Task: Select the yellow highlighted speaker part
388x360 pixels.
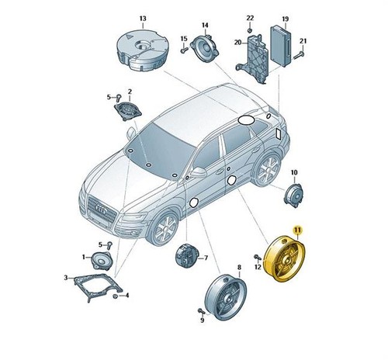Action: click(284, 258)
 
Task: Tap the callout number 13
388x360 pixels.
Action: click(143, 19)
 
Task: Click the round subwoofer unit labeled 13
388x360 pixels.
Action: click(142, 50)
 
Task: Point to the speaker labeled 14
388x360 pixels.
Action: click(206, 48)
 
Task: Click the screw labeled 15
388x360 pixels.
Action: click(183, 50)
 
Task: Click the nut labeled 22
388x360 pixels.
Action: click(250, 30)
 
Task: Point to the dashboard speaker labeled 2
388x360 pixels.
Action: click(127, 111)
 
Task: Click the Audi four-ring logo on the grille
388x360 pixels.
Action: click(102, 209)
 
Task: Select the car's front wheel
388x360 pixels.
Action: click(164, 227)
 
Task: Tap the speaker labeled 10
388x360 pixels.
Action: click(294, 196)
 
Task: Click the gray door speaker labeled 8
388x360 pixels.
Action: click(226, 297)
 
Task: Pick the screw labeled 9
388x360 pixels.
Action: click(201, 311)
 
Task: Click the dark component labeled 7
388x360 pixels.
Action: click(187, 255)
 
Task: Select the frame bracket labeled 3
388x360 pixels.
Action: click(98, 287)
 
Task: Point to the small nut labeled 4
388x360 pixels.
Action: click(116, 296)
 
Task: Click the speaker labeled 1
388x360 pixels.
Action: click(102, 260)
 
